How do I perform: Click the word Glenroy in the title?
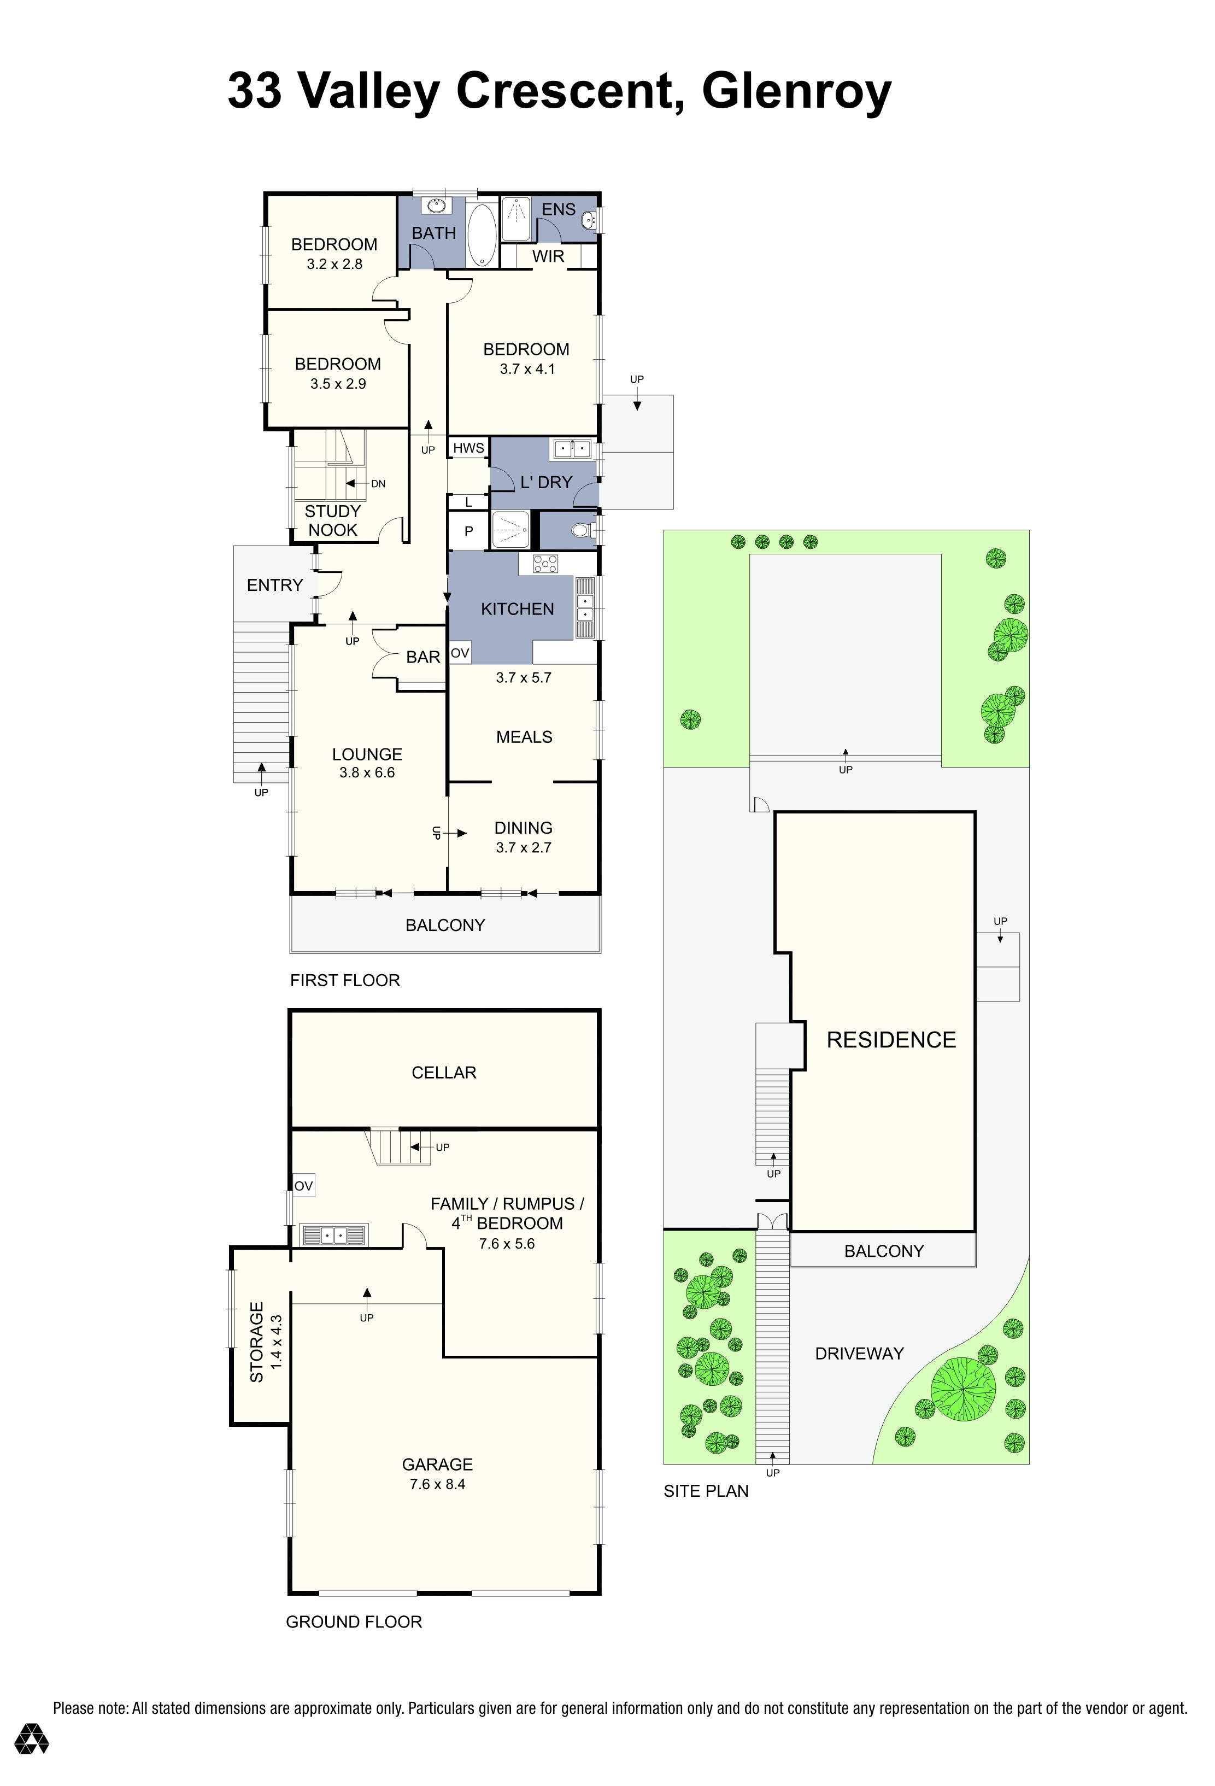[796, 91]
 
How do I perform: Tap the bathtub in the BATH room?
[482, 235]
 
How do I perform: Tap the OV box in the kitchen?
[460, 653]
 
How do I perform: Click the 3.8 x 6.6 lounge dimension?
[367, 773]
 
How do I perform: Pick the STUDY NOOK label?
[333, 520]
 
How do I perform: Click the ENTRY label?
[274, 585]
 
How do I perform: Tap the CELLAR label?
[444, 1072]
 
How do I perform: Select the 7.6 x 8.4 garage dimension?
[437, 1484]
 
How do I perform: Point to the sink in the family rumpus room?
[333, 1235]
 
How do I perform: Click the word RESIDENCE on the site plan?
[891, 1040]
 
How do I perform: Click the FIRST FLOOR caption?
[345, 980]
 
